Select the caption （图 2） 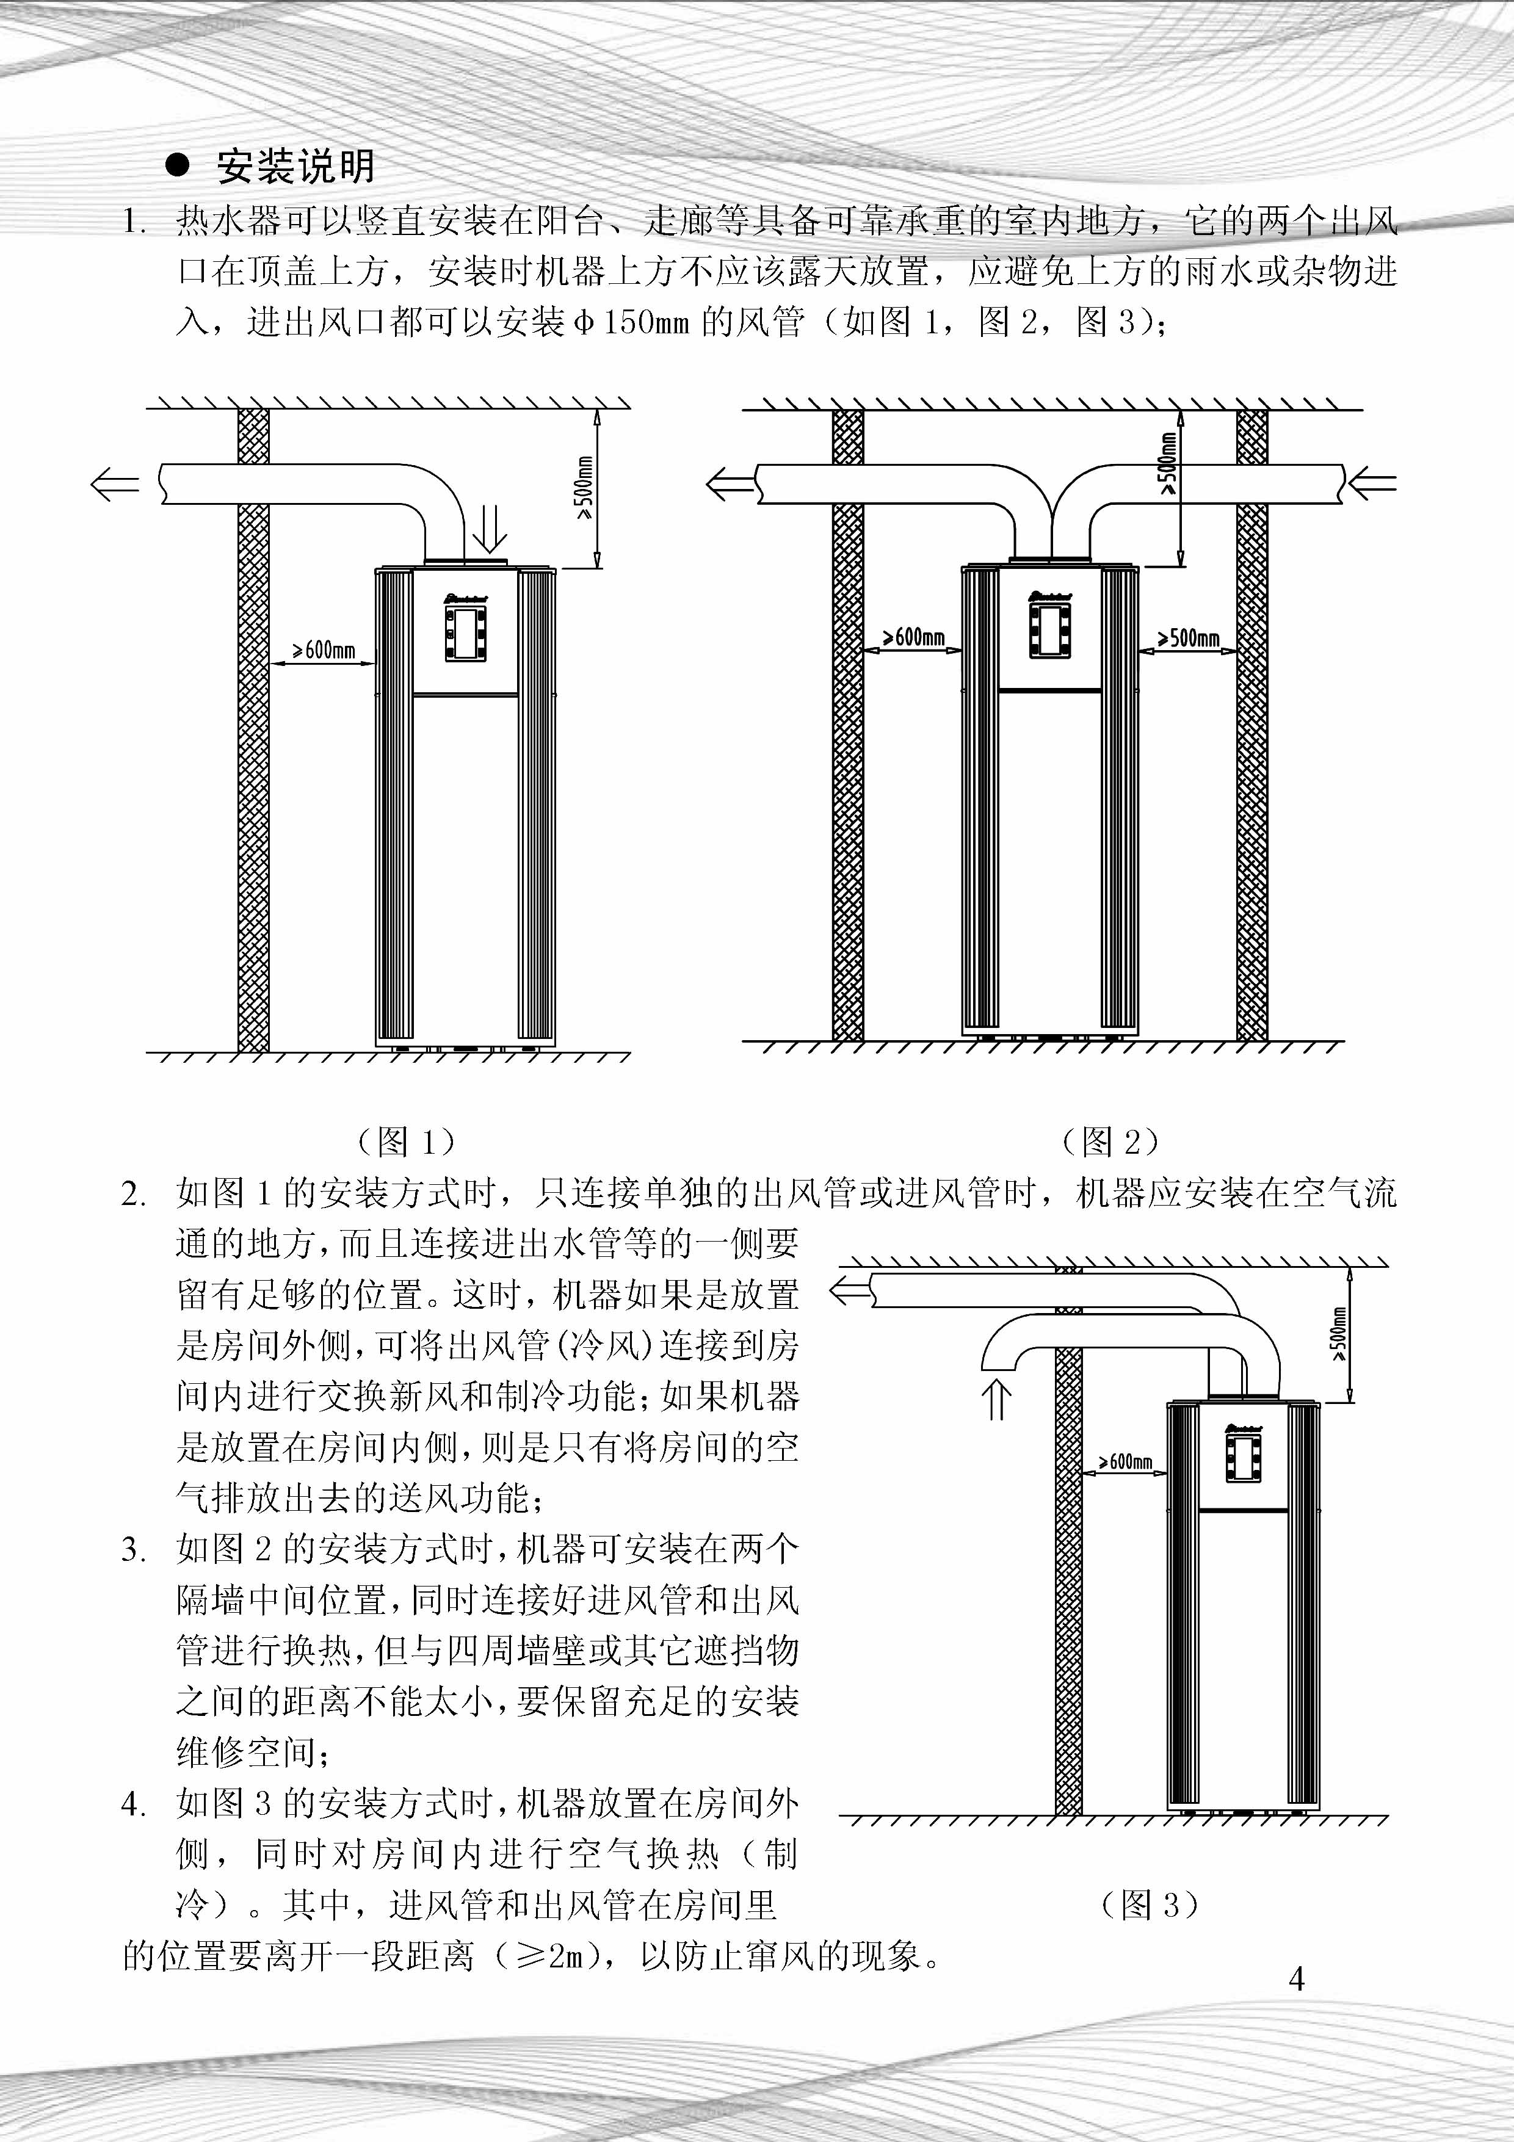click(x=1110, y=1140)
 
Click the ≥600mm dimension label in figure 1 click(x=324, y=650)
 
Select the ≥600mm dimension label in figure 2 click(x=913, y=637)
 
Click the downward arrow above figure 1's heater click(x=490, y=530)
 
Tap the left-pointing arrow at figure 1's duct click(x=114, y=484)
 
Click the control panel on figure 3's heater click(x=1244, y=1455)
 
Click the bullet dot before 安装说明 click(x=176, y=166)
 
